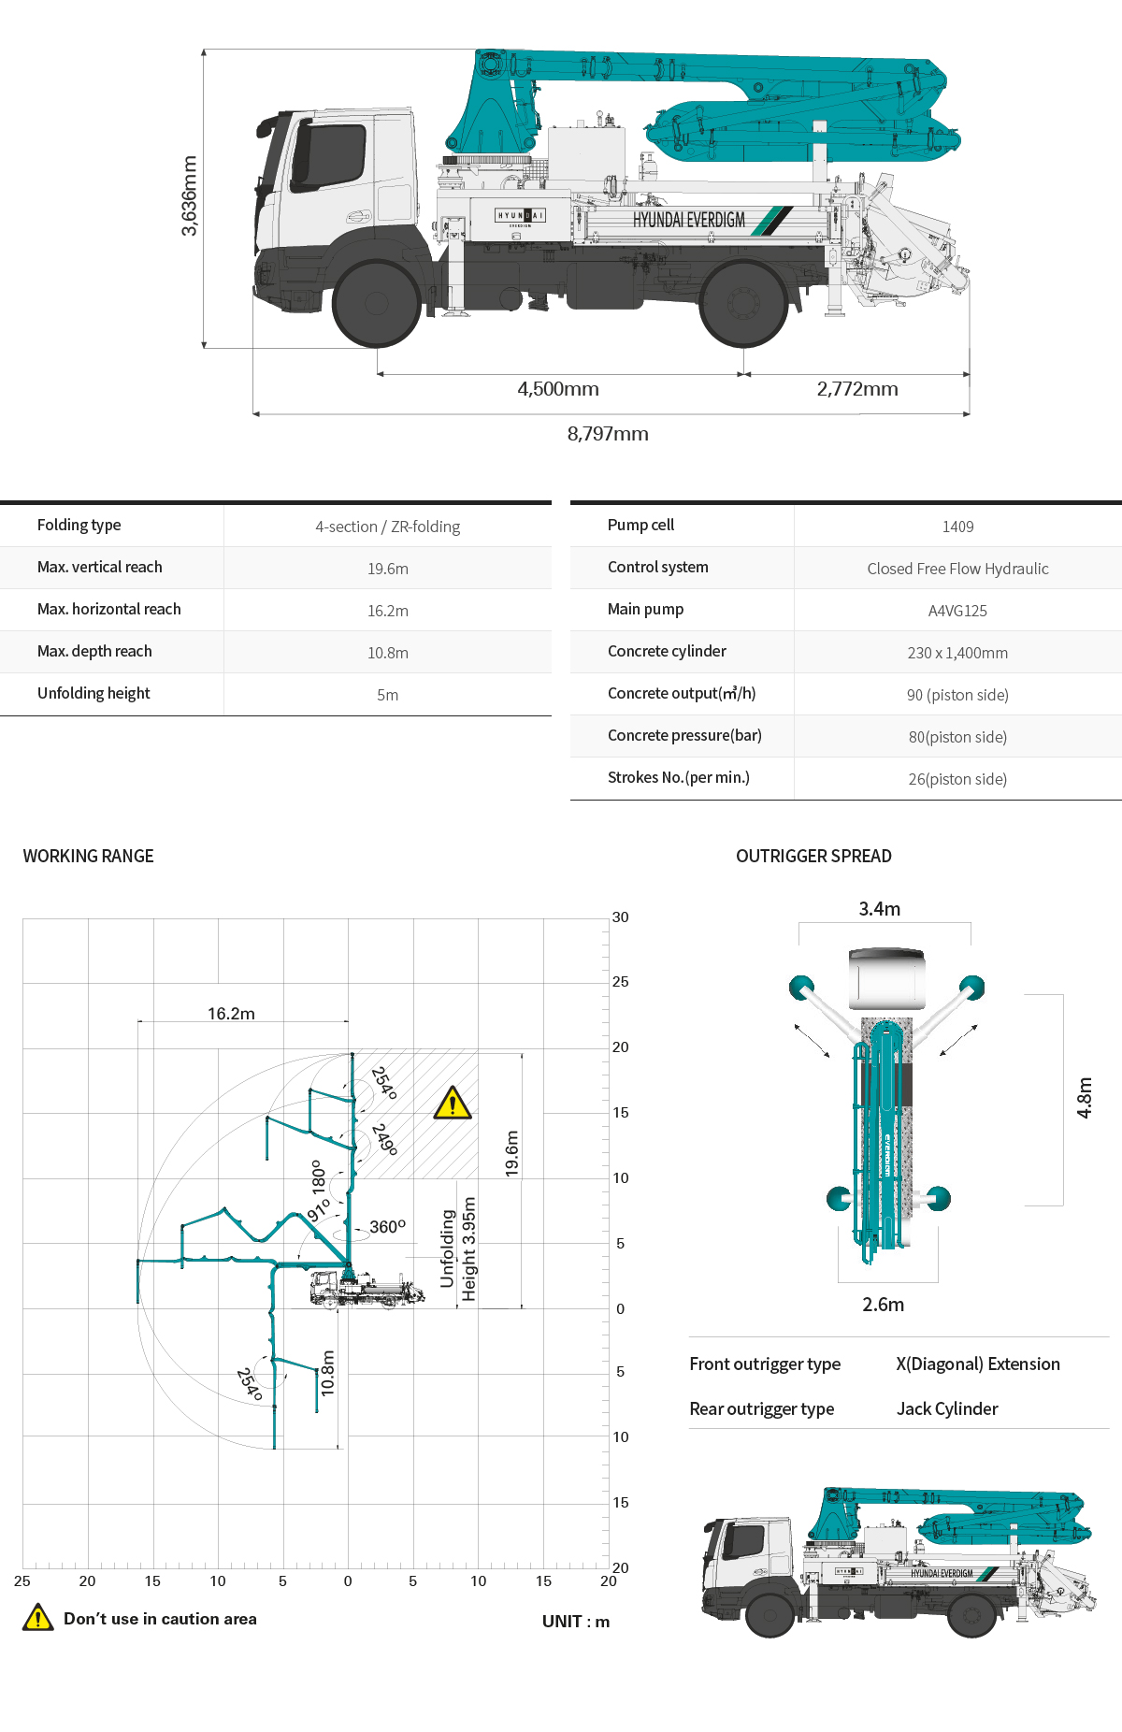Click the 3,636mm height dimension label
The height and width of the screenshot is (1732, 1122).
[189, 195]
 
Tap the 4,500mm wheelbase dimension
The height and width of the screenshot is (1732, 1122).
[558, 389]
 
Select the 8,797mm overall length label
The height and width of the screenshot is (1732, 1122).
[608, 434]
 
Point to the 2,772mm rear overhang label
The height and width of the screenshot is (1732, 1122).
[857, 389]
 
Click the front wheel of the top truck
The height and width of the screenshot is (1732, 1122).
[376, 303]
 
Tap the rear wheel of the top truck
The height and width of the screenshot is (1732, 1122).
[743, 303]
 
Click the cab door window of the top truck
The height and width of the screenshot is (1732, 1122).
[329, 157]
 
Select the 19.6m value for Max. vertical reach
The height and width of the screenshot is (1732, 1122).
[387, 569]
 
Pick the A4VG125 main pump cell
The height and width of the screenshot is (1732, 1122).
[957, 611]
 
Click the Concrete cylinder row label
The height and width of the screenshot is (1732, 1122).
[667, 652]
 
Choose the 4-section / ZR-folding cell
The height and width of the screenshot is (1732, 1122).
[387, 527]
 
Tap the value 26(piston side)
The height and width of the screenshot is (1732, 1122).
[957, 779]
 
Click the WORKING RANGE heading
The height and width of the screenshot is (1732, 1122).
[89, 857]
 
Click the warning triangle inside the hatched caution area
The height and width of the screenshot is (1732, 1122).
[453, 1104]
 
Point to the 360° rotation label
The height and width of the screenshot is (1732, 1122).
[387, 1227]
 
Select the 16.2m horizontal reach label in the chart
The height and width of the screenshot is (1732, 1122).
[231, 1014]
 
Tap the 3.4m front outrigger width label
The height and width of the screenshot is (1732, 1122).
[880, 909]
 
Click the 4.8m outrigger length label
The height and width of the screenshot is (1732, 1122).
[1085, 1098]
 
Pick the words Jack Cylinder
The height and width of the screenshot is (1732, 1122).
[947, 1409]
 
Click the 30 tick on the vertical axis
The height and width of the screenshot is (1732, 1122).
[620, 917]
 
